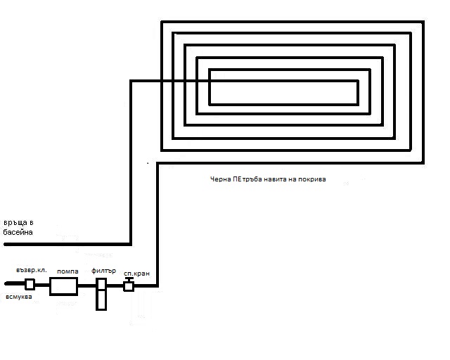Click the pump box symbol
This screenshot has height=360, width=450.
click(x=63, y=285)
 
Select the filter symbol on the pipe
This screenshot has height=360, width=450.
click(x=101, y=293)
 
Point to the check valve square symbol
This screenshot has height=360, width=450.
click(x=30, y=285)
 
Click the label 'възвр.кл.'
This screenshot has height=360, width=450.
click(x=32, y=270)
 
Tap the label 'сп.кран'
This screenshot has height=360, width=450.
click(x=135, y=271)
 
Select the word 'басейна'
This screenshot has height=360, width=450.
click(x=18, y=232)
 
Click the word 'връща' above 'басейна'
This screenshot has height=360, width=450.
click(x=14, y=223)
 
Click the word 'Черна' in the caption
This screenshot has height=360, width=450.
click(x=221, y=179)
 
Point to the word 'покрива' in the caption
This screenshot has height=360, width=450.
click(x=311, y=179)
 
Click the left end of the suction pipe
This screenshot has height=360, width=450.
click(x=6, y=285)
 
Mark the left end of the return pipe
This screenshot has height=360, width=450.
click(x=6, y=244)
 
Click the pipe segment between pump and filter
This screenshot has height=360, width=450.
click(x=86, y=285)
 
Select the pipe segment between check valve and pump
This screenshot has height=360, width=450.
click(x=42, y=285)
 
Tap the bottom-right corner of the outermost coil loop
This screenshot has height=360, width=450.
click(x=423, y=162)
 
